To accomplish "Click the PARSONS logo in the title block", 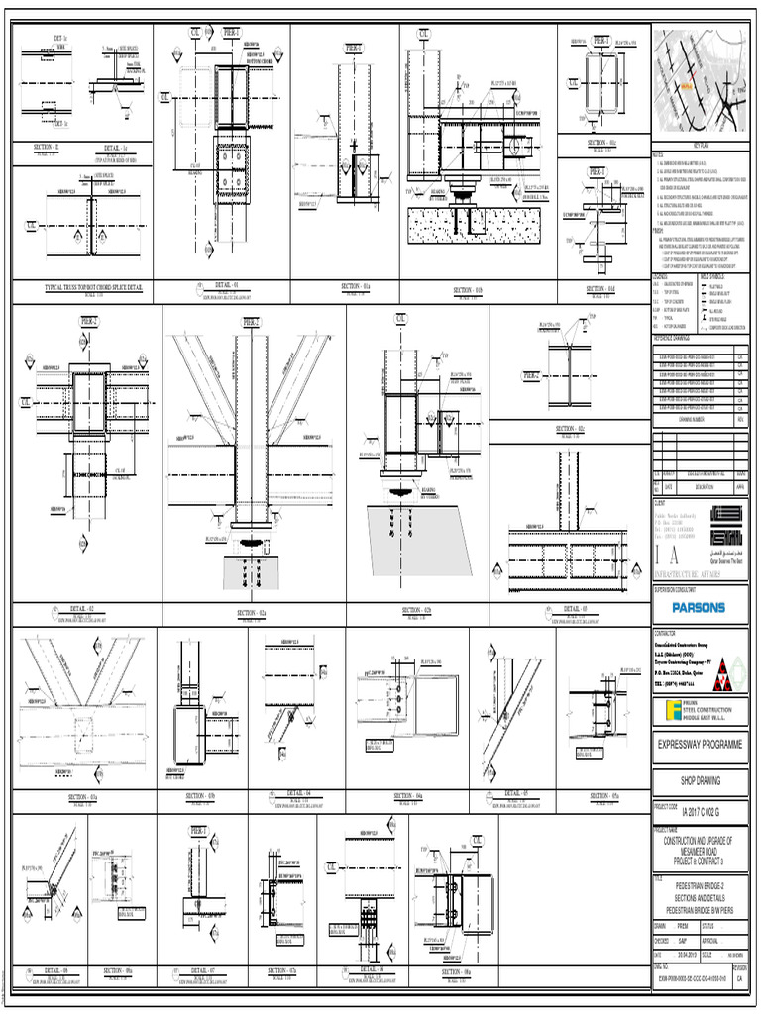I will pos(700,607).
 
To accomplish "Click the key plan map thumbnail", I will pos(699,84).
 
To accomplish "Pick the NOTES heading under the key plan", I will pos(657,154).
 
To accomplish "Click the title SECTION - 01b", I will pos(467,290).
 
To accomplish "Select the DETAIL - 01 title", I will pos(227,283).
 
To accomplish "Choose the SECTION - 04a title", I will pos(408,795).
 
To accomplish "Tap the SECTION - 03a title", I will pos(82,795).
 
